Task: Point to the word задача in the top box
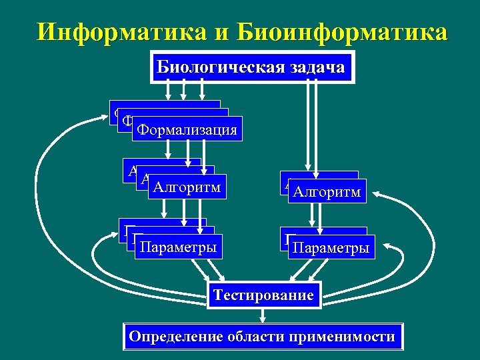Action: [317, 67]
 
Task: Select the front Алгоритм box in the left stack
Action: [187, 187]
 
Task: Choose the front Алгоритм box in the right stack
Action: [328, 193]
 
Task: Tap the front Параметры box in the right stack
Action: [333, 249]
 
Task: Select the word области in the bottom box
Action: [258, 336]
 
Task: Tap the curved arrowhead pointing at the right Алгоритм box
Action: [375, 194]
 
